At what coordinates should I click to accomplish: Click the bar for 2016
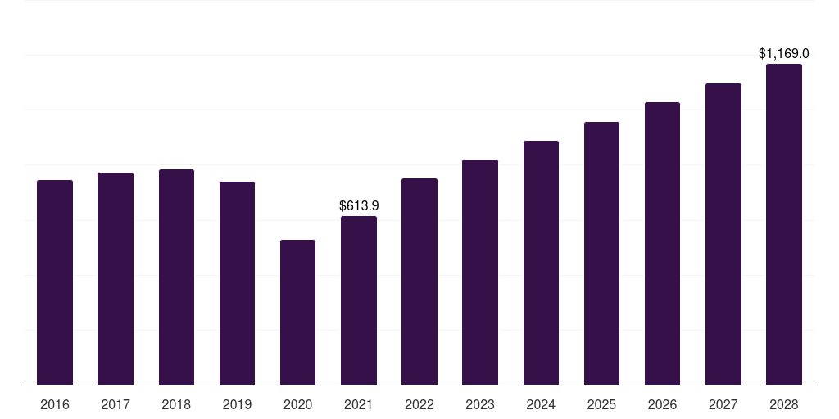(55, 282)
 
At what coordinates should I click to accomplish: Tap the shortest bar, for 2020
(297, 312)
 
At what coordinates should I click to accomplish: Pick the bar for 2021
(359, 300)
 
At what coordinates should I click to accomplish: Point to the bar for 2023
(480, 272)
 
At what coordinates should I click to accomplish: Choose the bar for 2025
(601, 253)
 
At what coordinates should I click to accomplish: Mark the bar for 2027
(723, 234)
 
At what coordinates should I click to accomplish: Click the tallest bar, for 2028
(784, 224)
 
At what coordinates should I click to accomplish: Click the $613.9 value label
(359, 206)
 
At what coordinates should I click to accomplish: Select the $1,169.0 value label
(784, 54)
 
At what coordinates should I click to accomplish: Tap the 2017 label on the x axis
(116, 404)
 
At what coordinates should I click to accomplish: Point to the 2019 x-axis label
(237, 404)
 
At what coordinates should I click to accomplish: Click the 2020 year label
(297, 404)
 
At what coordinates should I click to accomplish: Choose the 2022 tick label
(419, 404)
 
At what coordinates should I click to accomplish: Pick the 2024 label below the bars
(541, 404)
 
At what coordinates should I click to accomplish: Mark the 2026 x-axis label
(662, 404)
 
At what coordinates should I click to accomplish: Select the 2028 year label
(784, 404)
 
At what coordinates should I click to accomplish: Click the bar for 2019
(237, 283)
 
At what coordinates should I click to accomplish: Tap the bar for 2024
(541, 263)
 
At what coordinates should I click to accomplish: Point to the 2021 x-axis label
(359, 404)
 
